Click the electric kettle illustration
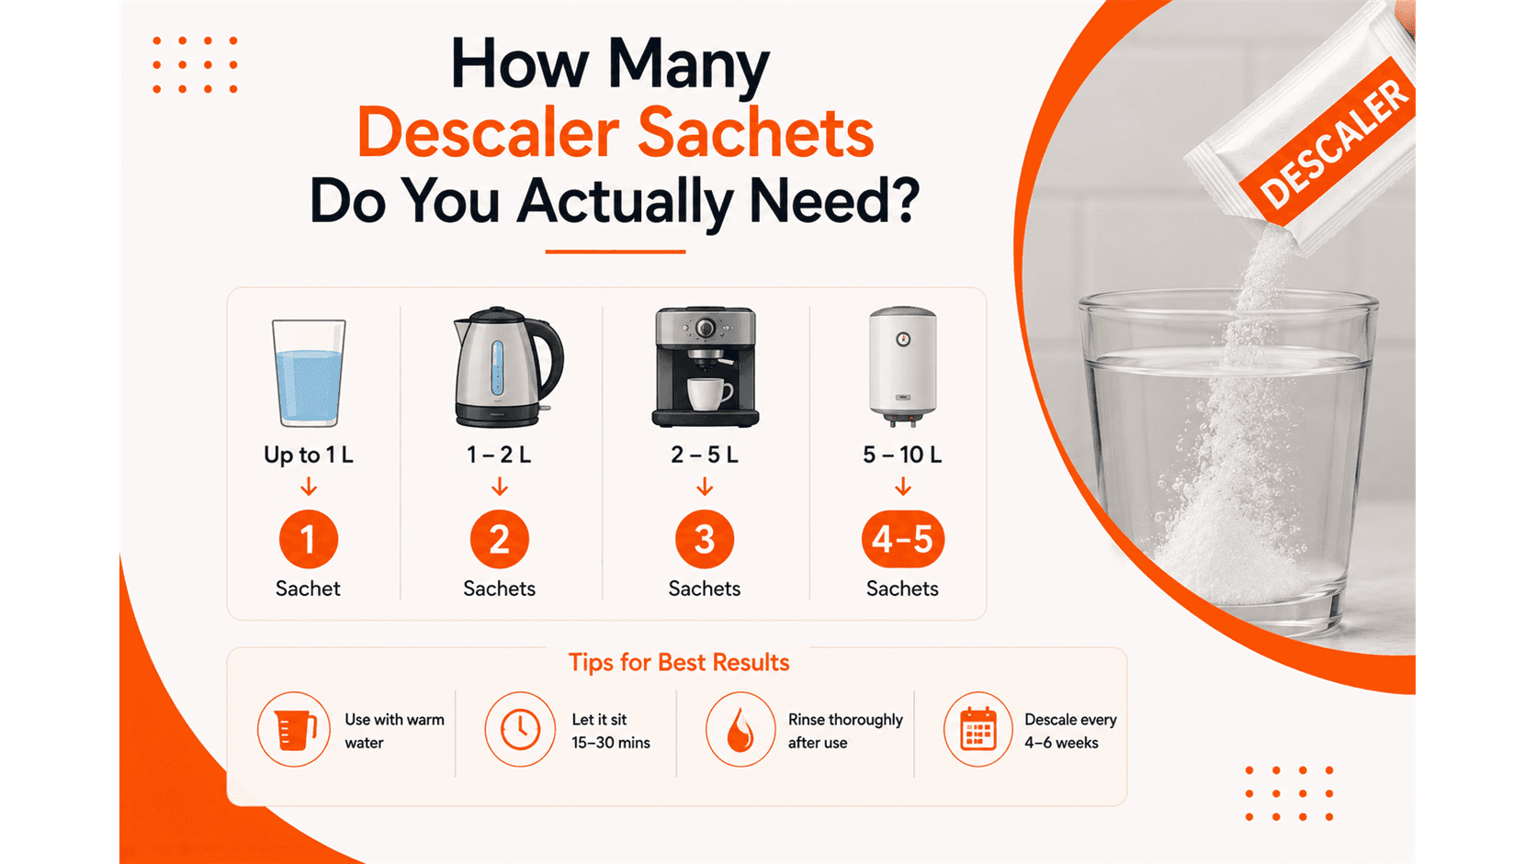click(x=508, y=366)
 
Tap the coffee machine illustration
click(x=705, y=366)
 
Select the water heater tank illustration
click(x=902, y=366)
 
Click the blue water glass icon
click(x=309, y=373)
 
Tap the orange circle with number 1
click(x=309, y=539)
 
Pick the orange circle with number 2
click(x=499, y=539)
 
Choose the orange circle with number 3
click(x=705, y=539)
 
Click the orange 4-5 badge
click(x=902, y=539)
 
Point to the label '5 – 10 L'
click(x=902, y=454)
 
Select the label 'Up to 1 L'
click(x=309, y=454)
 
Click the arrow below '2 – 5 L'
click(x=705, y=487)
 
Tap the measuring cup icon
click(x=296, y=730)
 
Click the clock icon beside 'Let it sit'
click(x=520, y=729)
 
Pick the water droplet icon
click(x=740, y=730)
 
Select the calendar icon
click(x=977, y=728)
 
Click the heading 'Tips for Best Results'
click(x=679, y=663)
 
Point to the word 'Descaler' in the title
click(x=488, y=132)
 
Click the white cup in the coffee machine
click(x=709, y=393)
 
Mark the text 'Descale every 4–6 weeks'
click(x=1070, y=731)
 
